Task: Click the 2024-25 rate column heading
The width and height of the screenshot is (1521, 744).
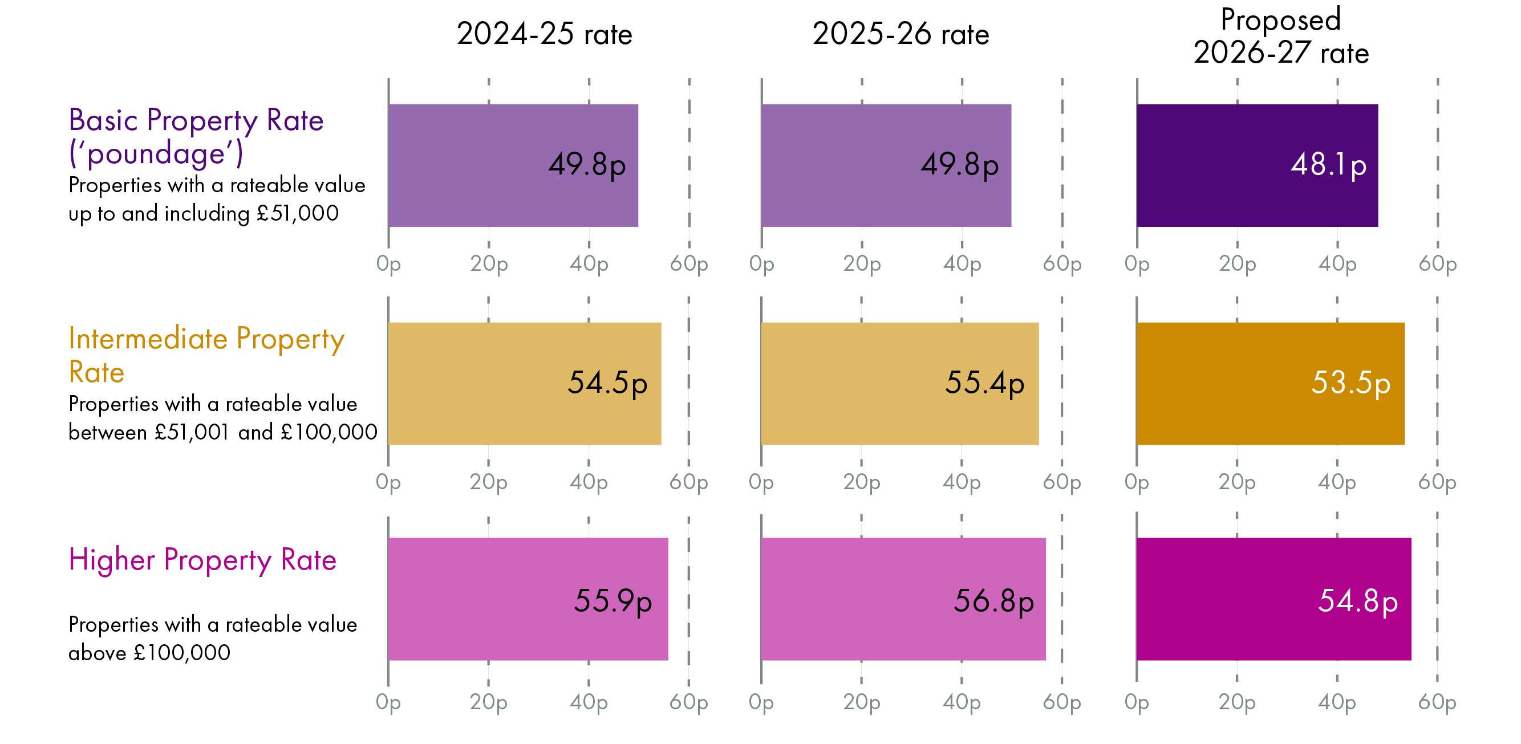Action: click(x=544, y=34)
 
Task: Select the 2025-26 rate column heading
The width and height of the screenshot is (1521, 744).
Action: click(x=901, y=34)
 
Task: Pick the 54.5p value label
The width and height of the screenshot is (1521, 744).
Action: click(x=607, y=383)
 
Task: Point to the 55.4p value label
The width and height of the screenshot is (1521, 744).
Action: click(x=984, y=383)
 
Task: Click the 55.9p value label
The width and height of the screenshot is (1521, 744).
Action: click(x=613, y=601)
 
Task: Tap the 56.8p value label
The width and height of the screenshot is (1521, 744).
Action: click(x=993, y=601)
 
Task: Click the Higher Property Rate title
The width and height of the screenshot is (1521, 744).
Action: click(x=202, y=559)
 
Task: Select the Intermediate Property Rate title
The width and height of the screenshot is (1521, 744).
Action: click(x=206, y=354)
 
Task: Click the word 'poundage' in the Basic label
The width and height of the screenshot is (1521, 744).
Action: click(x=156, y=153)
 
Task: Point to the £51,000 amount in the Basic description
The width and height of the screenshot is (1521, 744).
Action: click(x=298, y=213)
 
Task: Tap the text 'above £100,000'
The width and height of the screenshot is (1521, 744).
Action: click(x=149, y=652)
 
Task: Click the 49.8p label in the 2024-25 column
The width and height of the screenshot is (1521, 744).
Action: click(x=587, y=164)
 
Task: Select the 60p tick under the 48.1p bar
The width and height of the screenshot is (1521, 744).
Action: click(x=1437, y=263)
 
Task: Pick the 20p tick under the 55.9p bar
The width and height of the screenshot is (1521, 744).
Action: click(x=488, y=702)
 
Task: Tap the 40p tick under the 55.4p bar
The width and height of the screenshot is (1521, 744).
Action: click(x=962, y=482)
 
